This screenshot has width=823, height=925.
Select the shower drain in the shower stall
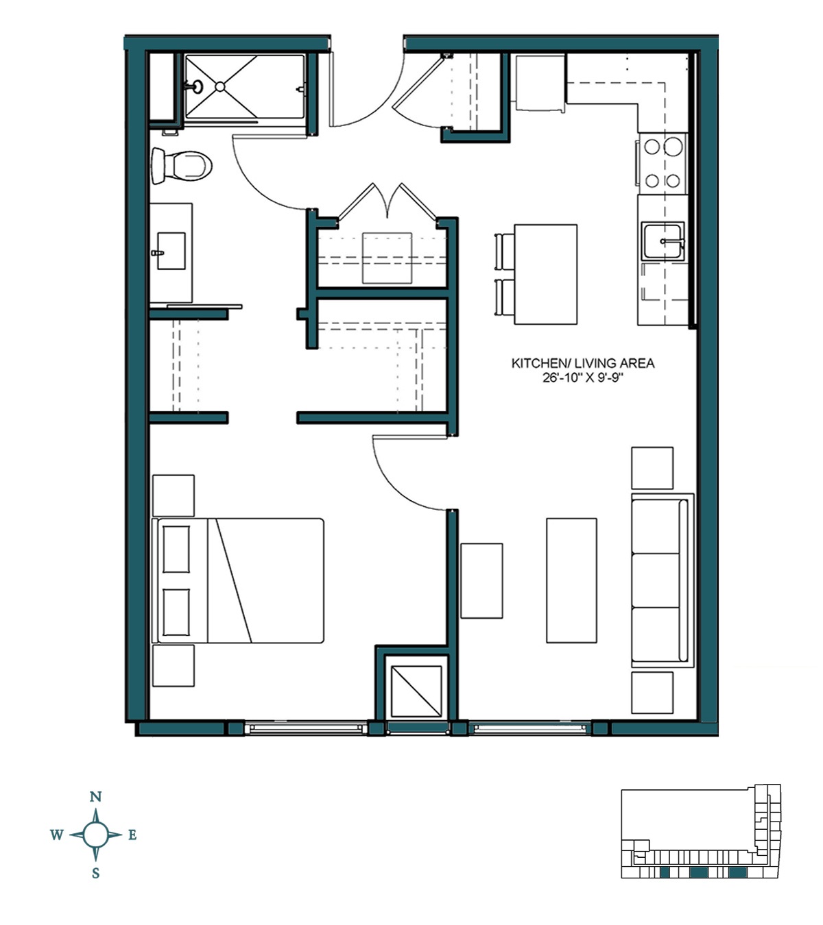coord(219,86)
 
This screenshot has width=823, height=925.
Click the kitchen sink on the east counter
coord(663,241)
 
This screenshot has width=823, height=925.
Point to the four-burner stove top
coord(662,163)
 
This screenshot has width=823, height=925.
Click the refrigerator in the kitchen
coord(540,82)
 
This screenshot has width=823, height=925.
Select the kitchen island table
coord(545,274)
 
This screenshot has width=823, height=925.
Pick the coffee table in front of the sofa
coord(571,580)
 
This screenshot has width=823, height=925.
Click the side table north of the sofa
coord(652,468)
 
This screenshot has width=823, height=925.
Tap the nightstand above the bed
coord(173,495)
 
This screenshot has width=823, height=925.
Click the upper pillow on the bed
coord(176,549)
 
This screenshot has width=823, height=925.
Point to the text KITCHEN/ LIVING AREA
coord(582,363)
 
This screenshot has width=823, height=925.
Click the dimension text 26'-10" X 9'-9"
coord(582,378)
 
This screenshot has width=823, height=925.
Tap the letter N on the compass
coord(96,796)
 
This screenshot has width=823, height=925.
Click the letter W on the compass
coord(56,835)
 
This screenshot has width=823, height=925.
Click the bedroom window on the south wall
coord(306,728)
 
